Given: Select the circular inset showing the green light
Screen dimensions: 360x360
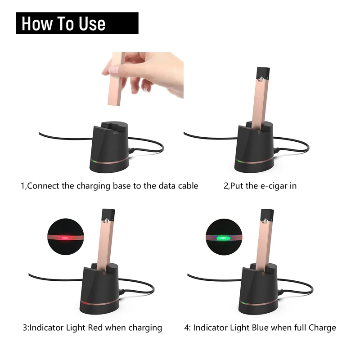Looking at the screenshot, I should click(x=224, y=238).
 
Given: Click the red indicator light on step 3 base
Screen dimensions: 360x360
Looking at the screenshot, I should click(x=83, y=301).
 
